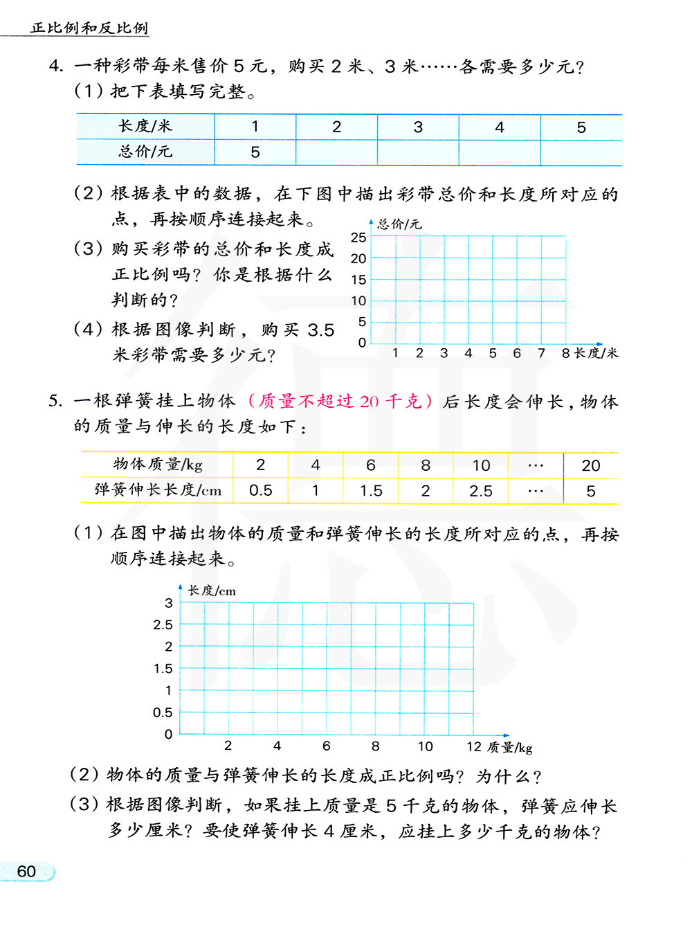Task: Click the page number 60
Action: point(26,871)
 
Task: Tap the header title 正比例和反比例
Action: point(89,28)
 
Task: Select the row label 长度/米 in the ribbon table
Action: point(145,127)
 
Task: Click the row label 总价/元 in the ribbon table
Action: point(145,152)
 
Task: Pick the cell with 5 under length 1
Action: point(255,152)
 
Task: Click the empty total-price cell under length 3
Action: point(418,152)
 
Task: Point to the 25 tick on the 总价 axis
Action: point(358,237)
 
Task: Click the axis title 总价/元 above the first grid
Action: point(399,224)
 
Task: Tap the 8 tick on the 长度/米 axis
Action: point(565,353)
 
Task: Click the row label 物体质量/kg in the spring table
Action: point(158,465)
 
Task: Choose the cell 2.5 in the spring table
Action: point(481,491)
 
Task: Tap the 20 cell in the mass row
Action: point(591,465)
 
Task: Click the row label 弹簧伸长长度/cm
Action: point(158,491)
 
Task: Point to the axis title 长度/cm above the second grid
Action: point(212,591)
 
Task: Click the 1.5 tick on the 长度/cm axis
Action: point(163,669)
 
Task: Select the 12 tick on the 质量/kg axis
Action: point(474,746)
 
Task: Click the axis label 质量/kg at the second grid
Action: point(509,747)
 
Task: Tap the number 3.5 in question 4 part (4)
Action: point(320,330)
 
